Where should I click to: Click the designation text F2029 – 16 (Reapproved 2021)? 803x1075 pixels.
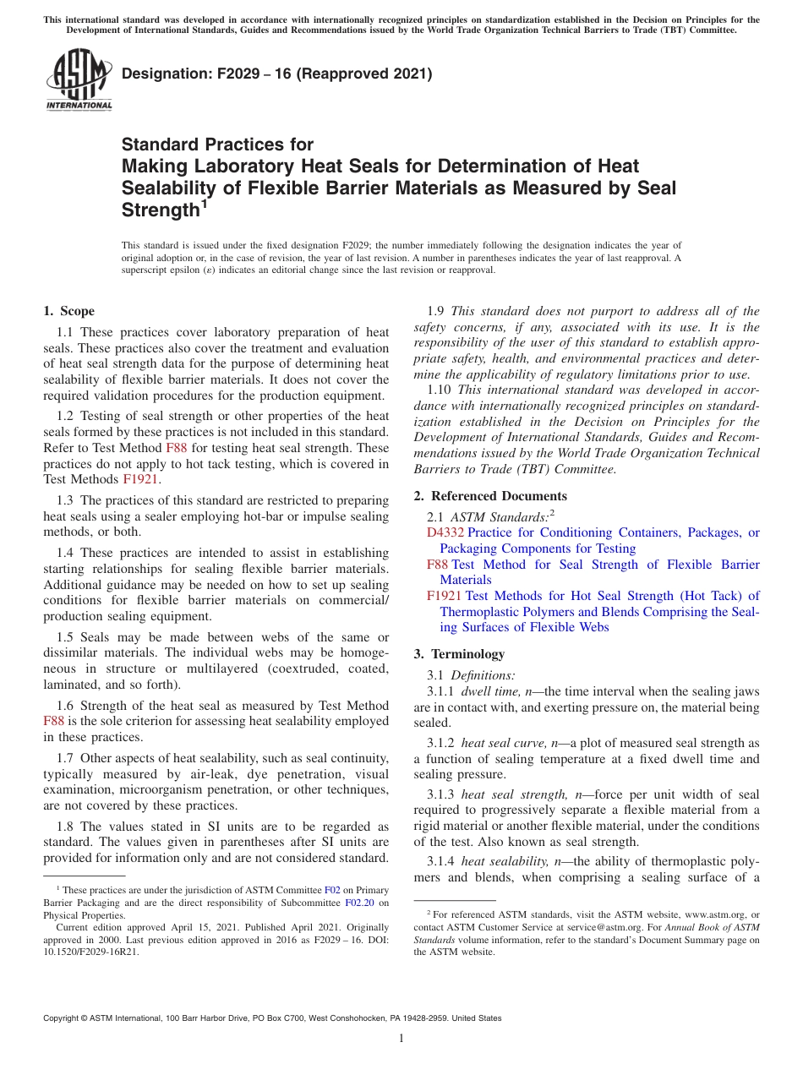coord(277,74)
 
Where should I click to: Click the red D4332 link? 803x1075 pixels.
coord(445,532)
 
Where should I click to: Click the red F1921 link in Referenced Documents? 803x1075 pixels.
coord(444,596)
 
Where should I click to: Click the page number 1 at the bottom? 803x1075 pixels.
coord(401,1039)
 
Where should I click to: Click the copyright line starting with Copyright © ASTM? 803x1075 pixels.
coord(272,1018)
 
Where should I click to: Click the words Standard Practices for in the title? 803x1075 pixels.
coord(217,145)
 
